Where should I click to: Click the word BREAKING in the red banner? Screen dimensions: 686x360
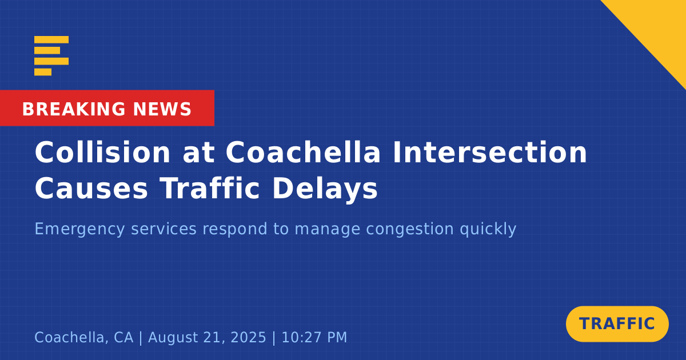74,109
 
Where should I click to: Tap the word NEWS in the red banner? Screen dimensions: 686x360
162,109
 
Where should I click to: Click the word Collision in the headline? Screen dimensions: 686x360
102,152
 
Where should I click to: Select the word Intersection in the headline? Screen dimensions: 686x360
490,152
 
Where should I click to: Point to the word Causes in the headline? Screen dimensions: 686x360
91,189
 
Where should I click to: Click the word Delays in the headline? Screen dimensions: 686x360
325,190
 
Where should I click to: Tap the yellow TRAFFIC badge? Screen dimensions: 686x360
617,324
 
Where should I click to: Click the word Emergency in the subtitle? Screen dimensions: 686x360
79,230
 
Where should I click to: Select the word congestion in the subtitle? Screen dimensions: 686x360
410,230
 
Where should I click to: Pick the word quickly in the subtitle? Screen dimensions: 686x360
488,230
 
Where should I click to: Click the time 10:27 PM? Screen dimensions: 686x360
314,337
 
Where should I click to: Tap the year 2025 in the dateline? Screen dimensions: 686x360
248,337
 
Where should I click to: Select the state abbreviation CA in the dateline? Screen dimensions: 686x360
123,337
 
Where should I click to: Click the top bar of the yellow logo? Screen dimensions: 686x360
51,39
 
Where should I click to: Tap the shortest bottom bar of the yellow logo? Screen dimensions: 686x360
43,72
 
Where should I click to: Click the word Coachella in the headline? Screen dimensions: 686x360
303,152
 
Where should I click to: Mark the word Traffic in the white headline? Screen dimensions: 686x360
210,189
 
